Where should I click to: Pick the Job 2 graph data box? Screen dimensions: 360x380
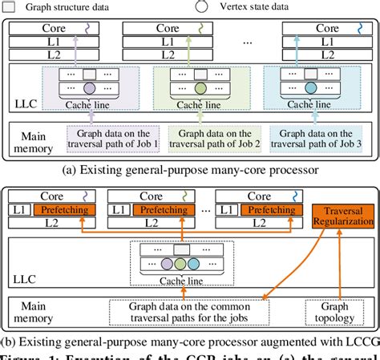[208, 138]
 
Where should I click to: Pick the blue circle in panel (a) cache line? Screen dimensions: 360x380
[310, 88]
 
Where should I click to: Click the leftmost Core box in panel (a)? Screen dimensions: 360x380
[55, 27]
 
